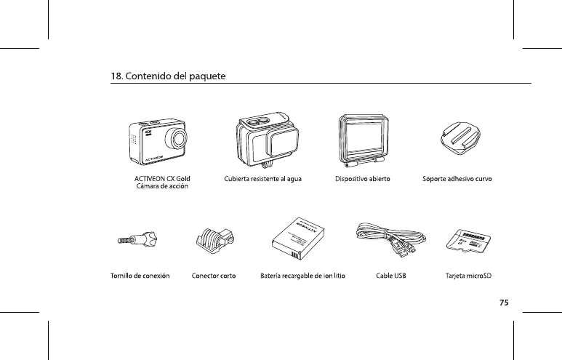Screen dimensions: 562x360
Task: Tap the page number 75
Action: (503, 302)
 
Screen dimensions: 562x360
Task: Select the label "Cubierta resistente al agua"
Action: (262, 177)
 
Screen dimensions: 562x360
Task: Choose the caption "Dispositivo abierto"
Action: (364, 177)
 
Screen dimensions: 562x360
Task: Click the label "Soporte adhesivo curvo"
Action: (458, 177)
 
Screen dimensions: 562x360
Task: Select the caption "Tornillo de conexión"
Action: (140, 276)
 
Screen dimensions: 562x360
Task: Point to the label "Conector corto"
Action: (213, 276)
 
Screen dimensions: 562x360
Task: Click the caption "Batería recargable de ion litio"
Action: (302, 276)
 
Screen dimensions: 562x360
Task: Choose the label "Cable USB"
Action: (390, 276)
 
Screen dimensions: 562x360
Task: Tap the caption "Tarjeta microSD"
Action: (468, 276)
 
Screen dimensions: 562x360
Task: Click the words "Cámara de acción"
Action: (163, 186)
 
